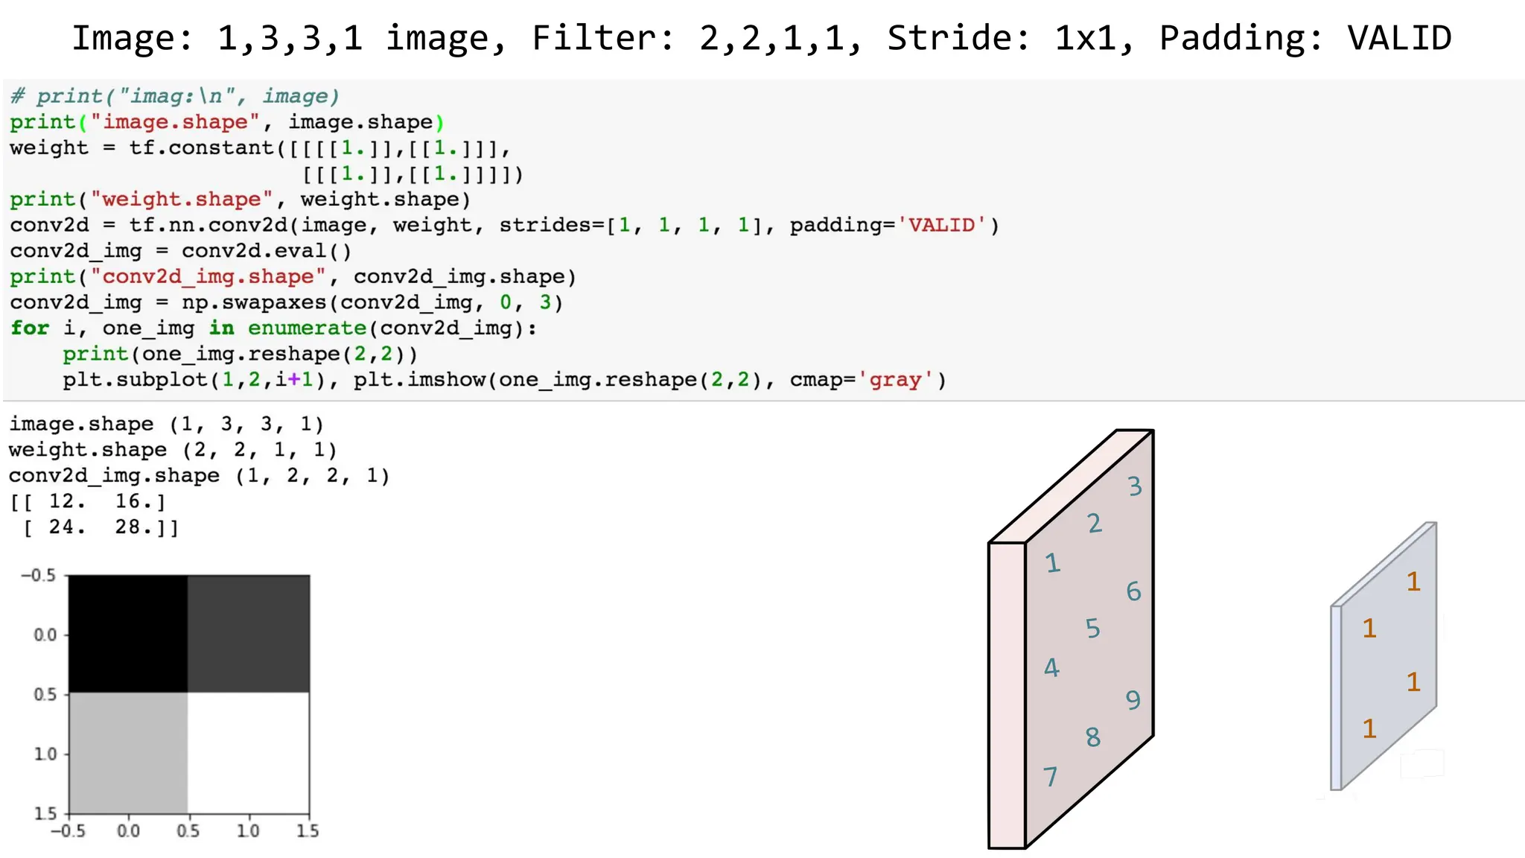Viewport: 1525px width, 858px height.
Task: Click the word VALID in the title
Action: pos(1399,38)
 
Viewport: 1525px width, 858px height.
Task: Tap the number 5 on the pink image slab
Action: pos(1092,629)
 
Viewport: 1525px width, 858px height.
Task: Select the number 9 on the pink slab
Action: pos(1133,700)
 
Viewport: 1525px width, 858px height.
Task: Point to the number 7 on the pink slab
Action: pos(1051,777)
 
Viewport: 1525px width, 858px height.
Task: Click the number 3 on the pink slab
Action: pos(1134,486)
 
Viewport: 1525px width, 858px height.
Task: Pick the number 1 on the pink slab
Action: pos(1052,563)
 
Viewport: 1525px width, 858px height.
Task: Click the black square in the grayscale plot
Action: pos(128,634)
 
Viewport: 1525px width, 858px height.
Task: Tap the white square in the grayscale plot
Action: pos(248,752)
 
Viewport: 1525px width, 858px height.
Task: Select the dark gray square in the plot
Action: pos(248,634)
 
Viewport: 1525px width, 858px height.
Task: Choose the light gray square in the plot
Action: pos(128,752)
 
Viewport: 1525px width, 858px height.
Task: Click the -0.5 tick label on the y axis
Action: pos(39,576)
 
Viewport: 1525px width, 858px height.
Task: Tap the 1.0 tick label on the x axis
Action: pos(248,830)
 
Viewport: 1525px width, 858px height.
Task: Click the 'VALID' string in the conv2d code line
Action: pos(941,225)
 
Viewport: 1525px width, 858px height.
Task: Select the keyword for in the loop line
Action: pos(30,328)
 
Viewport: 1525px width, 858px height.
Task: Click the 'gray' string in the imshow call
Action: pos(895,380)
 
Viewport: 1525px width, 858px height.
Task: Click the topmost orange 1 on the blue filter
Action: pos(1413,582)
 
